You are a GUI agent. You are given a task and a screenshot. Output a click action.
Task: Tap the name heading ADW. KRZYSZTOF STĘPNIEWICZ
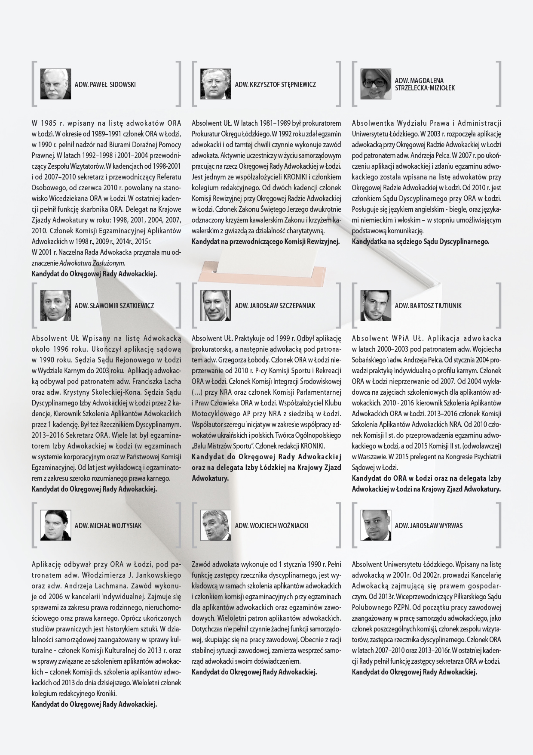pos(275,84)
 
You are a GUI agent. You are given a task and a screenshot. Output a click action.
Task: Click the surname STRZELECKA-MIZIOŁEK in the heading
pos(424,88)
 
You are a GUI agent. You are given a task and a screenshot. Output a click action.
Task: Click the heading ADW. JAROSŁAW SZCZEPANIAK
pos(275,306)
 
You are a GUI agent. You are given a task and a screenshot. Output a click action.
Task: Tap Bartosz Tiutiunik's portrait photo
pos(376,305)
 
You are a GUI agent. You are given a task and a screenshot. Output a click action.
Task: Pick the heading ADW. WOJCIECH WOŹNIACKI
pos(271,526)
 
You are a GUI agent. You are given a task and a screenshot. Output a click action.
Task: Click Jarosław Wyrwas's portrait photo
pos(376,525)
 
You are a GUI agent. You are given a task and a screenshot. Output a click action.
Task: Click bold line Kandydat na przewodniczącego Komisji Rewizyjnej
pos(265,241)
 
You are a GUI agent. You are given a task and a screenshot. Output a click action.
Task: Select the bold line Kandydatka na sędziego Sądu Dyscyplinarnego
pos(420,241)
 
